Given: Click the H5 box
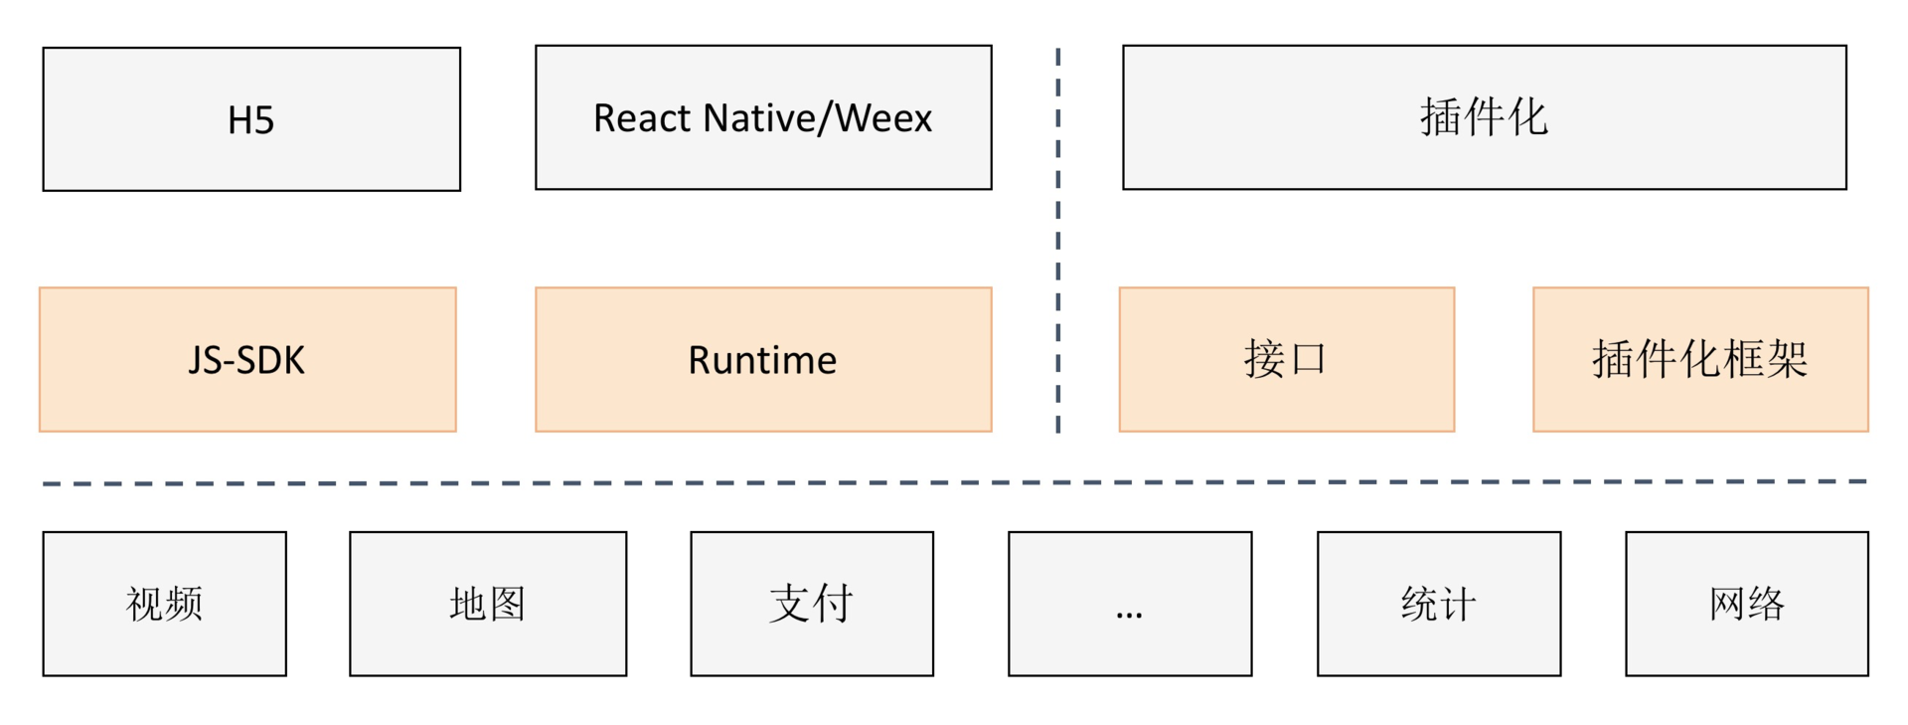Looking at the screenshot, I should click(251, 119).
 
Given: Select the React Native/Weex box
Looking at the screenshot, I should click(763, 117).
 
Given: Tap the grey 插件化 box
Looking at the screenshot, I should click(1484, 117).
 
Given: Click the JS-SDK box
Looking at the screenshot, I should click(247, 360).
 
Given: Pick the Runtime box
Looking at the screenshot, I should click(763, 360).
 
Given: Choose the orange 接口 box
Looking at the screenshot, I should click(1286, 360).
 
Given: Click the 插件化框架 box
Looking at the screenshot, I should click(1700, 360).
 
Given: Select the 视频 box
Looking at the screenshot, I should click(165, 604).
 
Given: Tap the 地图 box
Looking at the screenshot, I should click(488, 604).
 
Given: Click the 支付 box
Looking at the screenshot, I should click(812, 604).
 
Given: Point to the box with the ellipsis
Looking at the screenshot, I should click(1130, 604).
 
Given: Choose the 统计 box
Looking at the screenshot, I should click(1439, 604).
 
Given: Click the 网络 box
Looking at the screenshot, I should click(1747, 604).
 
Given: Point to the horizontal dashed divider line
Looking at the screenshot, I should click(954, 483).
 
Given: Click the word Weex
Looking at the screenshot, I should click(883, 118).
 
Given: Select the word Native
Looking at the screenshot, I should click(758, 118).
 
